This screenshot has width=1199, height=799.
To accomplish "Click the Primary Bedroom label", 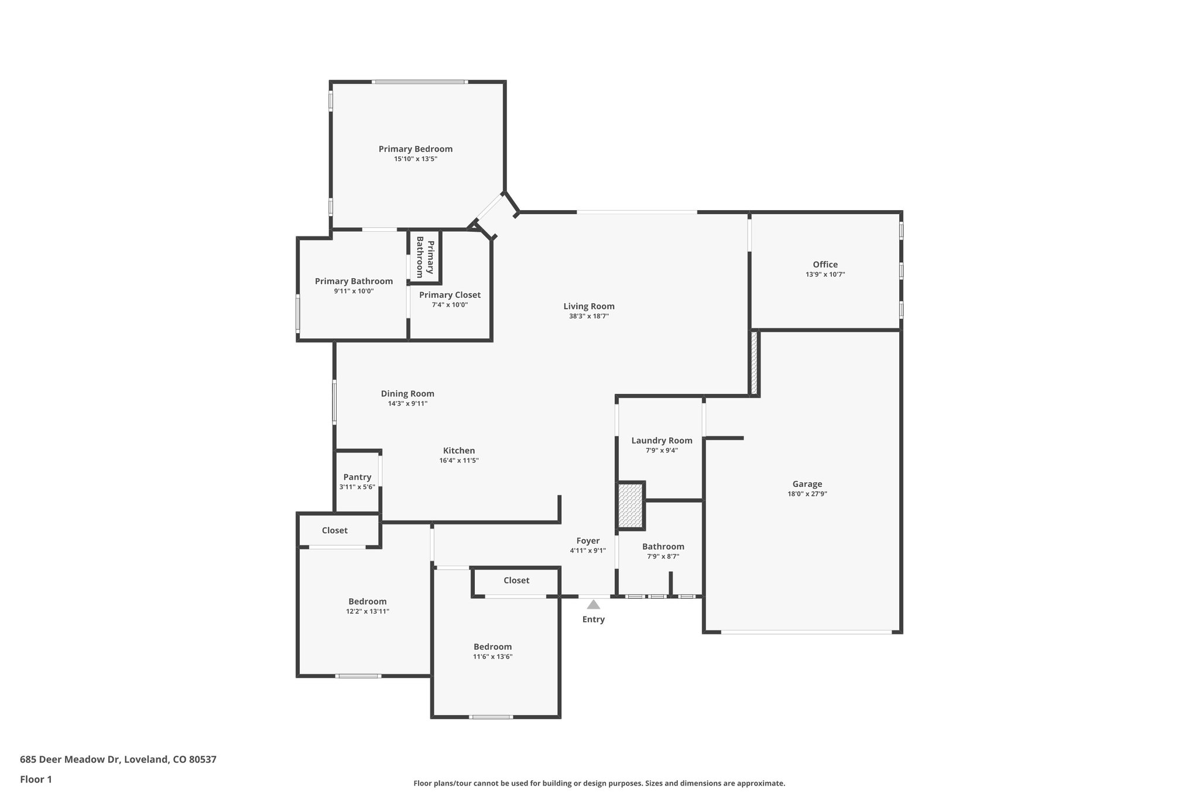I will (x=415, y=149).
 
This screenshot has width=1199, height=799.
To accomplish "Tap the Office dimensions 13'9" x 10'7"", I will (x=825, y=275).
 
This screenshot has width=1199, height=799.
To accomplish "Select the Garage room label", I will (x=807, y=484).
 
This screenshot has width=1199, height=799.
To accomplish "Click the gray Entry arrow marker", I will (x=593, y=605).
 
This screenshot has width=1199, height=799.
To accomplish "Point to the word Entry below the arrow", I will (x=593, y=619).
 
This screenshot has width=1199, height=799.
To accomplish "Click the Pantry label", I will (x=357, y=477).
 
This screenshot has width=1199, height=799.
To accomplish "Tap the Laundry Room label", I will (x=662, y=441).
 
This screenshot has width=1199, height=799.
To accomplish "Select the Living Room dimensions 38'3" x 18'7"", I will (x=589, y=316).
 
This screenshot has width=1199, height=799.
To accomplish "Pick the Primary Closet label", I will (x=450, y=295).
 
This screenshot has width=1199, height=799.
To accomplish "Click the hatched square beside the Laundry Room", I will (x=631, y=505).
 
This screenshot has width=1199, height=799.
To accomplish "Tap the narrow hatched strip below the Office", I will (x=754, y=363).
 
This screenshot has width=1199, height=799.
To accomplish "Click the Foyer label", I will (x=588, y=541).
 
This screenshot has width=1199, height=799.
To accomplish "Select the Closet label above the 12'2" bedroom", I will (x=334, y=530).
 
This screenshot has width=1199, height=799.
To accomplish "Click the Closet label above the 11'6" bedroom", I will (x=516, y=580).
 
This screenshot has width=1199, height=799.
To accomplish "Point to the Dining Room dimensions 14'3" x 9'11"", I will (x=407, y=403).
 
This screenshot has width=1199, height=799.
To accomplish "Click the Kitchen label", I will (x=458, y=451).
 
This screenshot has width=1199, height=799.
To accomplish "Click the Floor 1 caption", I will (x=36, y=779).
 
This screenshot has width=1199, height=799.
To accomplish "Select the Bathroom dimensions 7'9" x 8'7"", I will (x=663, y=557).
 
